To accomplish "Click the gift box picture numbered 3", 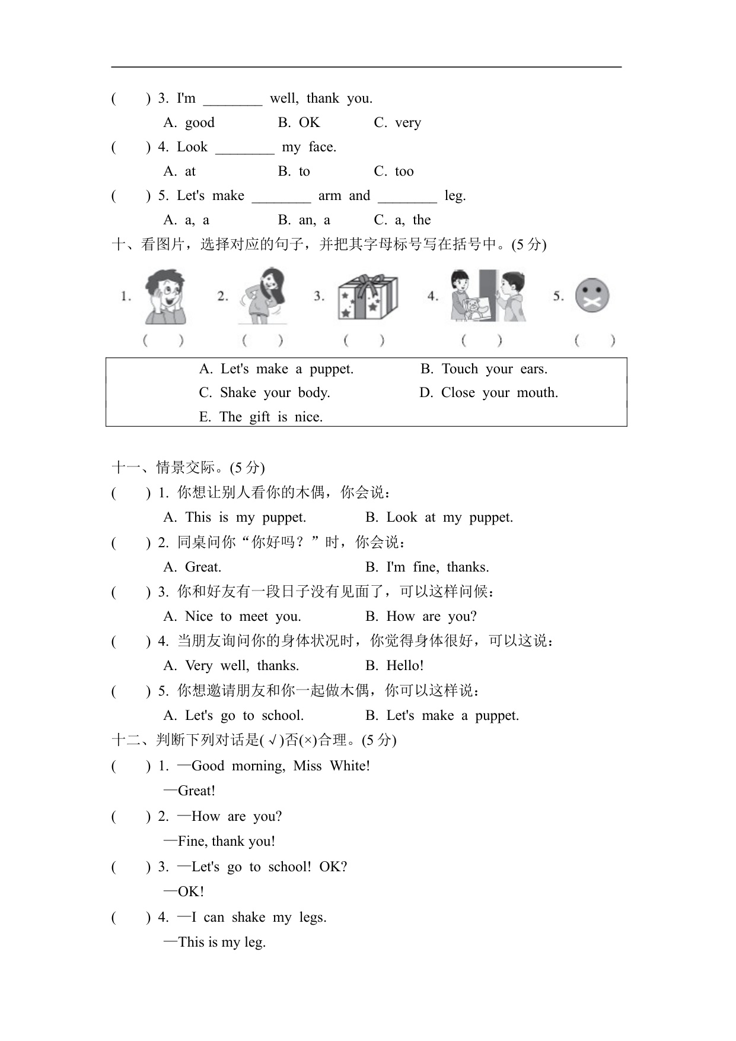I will click(367, 297).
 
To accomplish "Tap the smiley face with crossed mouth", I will click(592, 296).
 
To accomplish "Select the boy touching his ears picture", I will click(165, 297).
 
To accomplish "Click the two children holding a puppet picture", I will click(488, 296).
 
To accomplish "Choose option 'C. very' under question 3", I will click(397, 123).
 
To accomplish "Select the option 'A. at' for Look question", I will click(180, 172).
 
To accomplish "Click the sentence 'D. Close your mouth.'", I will click(489, 393).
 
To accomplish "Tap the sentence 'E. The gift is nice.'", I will click(261, 417).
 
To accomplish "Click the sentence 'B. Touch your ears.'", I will click(484, 369).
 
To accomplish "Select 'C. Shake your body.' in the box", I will click(265, 393).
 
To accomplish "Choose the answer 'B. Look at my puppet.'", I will click(439, 518).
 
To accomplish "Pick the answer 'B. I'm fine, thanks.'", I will click(427, 567).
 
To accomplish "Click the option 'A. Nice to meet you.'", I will click(232, 617).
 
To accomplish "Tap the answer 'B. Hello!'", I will click(394, 666).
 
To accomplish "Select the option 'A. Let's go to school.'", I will click(234, 716).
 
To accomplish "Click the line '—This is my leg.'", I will click(215, 942).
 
